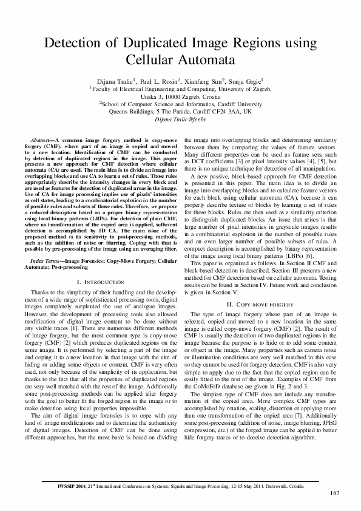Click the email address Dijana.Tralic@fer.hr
pyautogui.click(x=180, y=120)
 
